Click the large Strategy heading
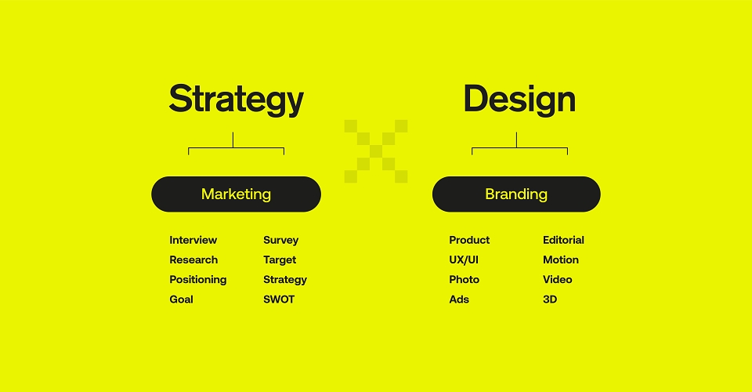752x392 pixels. click(x=236, y=100)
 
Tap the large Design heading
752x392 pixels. click(x=519, y=99)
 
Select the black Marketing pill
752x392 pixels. click(x=236, y=194)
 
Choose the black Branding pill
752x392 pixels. click(x=516, y=194)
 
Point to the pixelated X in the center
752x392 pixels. click(x=376, y=151)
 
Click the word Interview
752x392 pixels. click(x=193, y=240)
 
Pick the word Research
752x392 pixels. click(x=193, y=260)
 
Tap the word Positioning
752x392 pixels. click(x=198, y=280)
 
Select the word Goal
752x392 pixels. click(x=181, y=299)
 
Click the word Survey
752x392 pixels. click(x=281, y=241)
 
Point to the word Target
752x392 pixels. click(x=280, y=260)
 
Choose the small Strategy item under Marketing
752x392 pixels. click(x=285, y=280)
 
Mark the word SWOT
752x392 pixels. click(x=279, y=299)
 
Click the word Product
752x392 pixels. click(x=469, y=240)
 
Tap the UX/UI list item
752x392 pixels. click(x=464, y=260)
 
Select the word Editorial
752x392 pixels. click(x=563, y=240)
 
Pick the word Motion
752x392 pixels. click(x=561, y=260)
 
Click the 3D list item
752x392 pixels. click(x=550, y=299)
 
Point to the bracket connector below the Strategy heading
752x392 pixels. click(x=236, y=147)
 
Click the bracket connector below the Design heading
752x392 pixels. click(x=519, y=147)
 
